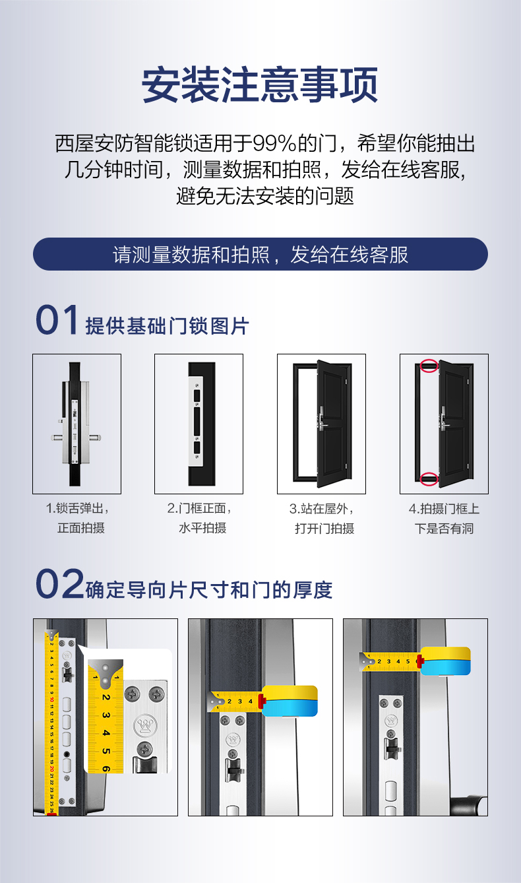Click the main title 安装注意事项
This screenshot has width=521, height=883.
(260, 84)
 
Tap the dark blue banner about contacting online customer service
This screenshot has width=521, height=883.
(260, 254)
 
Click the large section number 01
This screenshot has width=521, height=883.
(57, 319)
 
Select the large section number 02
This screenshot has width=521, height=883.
(60, 583)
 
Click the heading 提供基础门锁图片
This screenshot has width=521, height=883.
(167, 326)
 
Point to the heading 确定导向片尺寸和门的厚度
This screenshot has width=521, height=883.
(208, 590)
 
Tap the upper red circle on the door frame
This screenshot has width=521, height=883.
(429, 366)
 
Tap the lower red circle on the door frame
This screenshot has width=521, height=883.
(429, 478)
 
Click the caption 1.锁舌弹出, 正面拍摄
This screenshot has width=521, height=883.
(77, 518)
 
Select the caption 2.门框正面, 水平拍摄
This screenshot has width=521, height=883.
(199, 518)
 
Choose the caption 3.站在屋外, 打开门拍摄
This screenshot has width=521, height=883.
(322, 518)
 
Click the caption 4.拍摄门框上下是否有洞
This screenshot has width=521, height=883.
(444, 518)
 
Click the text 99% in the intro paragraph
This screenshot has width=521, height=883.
(274, 143)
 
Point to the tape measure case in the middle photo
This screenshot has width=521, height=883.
(289, 700)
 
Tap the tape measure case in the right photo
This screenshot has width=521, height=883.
(445, 661)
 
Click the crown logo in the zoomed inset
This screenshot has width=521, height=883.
(145, 725)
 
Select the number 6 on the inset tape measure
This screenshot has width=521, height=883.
(106, 769)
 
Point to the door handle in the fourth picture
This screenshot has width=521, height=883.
(444, 418)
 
